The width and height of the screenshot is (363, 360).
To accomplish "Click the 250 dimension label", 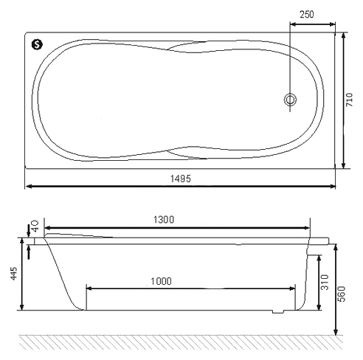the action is tap(307, 15).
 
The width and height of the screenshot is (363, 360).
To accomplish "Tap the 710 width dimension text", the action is tap(350, 100).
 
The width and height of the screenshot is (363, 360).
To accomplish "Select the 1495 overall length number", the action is tap(181, 179).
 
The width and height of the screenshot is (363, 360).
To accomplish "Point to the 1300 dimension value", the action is tap(164, 219).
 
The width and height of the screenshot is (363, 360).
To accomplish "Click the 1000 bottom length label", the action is tap(161, 281).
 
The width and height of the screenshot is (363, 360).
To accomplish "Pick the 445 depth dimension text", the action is tap(14, 273).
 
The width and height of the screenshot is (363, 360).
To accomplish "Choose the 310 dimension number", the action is tap(325, 283).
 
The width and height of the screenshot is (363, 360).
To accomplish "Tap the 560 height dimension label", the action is tap(342, 294).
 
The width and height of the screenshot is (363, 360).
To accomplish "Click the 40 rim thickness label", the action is tap(35, 226).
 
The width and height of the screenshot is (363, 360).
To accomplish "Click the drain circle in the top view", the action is tap(290, 100).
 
